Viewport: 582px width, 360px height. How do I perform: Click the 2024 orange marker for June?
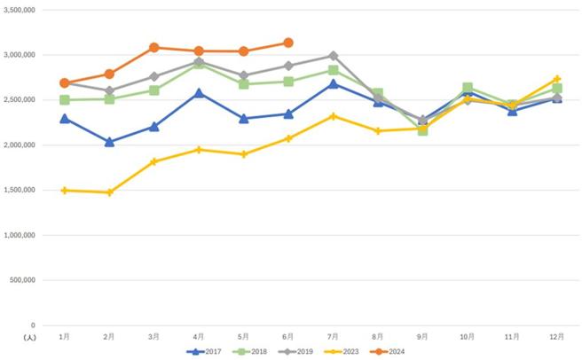pos(288,43)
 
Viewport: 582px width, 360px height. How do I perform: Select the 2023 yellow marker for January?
pos(65,190)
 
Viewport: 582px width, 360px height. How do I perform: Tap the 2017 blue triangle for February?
pos(109,142)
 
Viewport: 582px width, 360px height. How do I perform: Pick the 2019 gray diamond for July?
pos(333,56)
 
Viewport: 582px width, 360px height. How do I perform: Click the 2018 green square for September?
pos(422,129)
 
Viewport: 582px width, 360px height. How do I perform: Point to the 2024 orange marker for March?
pos(154,48)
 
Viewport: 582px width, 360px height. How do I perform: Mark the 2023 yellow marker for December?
pos(556,79)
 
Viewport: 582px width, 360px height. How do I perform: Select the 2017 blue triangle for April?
pos(199,92)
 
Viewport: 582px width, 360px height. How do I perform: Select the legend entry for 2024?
pos(391,351)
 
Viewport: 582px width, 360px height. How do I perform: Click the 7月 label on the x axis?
pos(333,337)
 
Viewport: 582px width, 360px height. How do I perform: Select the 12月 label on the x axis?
pos(556,337)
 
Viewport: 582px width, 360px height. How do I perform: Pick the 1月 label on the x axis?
pos(65,337)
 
